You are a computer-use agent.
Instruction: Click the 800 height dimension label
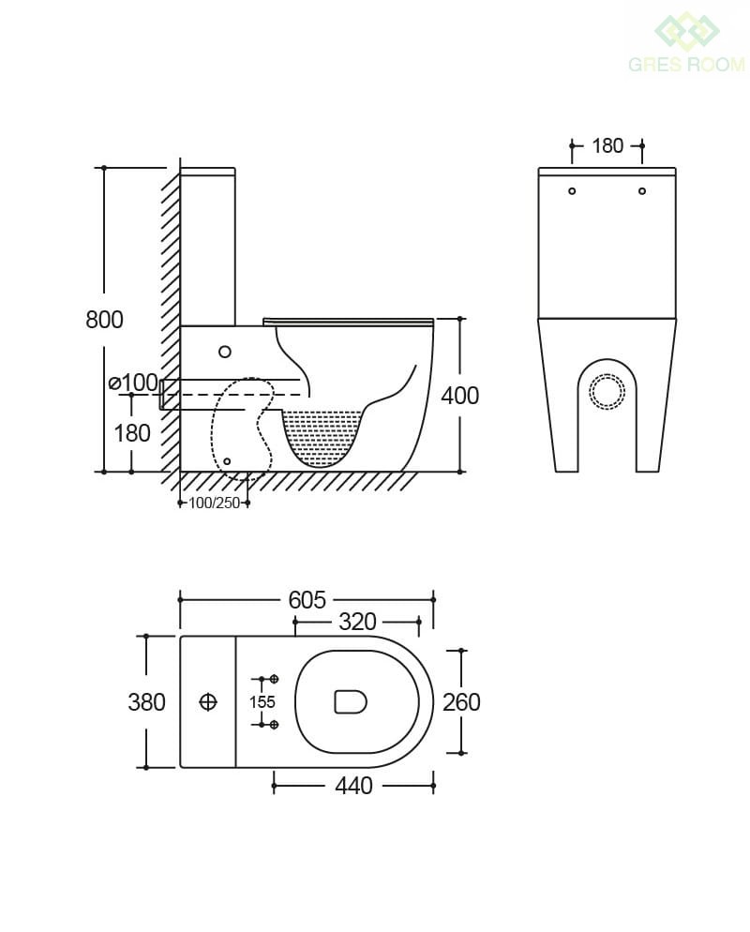(105, 320)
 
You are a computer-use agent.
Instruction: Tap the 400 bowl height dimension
(460, 396)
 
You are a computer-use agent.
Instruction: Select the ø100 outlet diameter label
(134, 383)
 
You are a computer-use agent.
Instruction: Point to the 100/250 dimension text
(214, 503)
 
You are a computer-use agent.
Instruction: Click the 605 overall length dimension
(307, 600)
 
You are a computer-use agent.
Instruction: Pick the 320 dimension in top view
(358, 622)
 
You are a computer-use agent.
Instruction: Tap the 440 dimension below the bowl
(353, 786)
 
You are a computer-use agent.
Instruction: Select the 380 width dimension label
(147, 702)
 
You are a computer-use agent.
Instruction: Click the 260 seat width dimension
(462, 702)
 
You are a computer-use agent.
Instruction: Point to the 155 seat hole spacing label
(262, 702)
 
